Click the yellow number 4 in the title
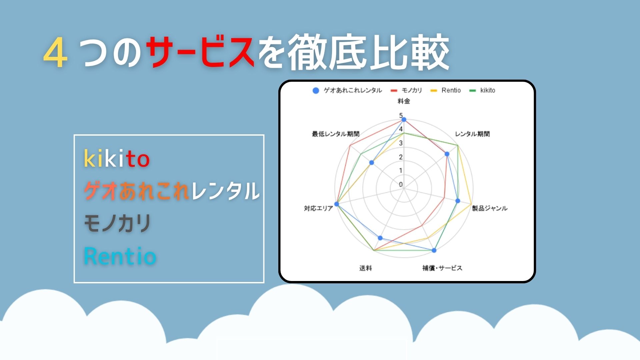(x=55, y=53)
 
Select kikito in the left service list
(x=116, y=158)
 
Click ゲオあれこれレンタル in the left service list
(x=171, y=191)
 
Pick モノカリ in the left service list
(x=117, y=223)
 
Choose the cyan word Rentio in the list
(x=120, y=256)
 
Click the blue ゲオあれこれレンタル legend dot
(x=316, y=90)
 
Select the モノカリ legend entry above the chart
(x=406, y=90)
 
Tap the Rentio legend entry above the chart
(x=446, y=90)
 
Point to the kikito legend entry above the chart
(x=482, y=90)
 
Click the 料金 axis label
(x=404, y=101)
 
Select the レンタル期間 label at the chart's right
(x=472, y=134)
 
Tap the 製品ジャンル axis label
(x=490, y=208)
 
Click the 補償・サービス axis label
(x=442, y=268)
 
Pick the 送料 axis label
(x=366, y=268)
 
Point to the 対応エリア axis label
(x=318, y=208)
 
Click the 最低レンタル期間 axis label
(x=336, y=134)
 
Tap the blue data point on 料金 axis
(x=404, y=119)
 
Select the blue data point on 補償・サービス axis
(x=434, y=250)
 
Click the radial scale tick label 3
(x=401, y=143)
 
